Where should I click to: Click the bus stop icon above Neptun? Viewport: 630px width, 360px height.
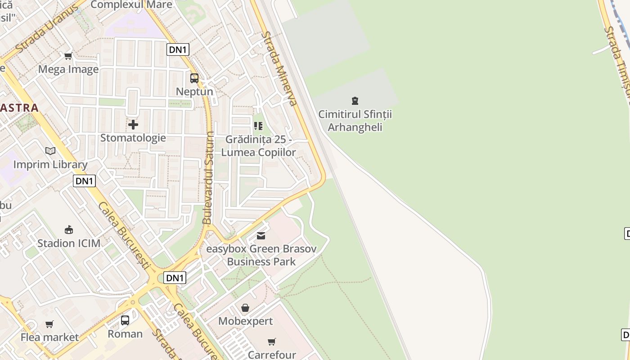194,78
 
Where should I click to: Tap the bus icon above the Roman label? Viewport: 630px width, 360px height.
125,320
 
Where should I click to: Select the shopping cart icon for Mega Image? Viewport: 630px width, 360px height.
68,56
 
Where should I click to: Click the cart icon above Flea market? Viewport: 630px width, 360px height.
49,324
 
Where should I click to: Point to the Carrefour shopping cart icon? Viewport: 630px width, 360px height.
271,342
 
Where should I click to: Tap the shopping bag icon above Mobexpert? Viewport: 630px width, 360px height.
245,308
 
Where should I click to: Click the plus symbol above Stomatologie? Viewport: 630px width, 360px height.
133,124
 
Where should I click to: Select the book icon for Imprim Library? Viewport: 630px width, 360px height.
50,151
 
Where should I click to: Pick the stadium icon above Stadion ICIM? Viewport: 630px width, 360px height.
69,230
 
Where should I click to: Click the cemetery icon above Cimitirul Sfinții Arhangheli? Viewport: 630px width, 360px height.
355,100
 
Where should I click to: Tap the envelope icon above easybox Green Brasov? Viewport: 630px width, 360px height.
261,236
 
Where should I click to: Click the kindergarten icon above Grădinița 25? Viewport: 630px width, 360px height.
258,126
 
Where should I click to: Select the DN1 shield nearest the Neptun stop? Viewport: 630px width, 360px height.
178,49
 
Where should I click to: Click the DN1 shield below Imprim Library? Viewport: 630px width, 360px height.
84,181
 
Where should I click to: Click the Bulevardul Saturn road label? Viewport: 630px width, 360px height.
208,178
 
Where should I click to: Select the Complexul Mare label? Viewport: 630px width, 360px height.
131,5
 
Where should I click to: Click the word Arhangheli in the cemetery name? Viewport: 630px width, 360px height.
355,127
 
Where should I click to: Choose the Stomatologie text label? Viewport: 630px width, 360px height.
133,138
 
